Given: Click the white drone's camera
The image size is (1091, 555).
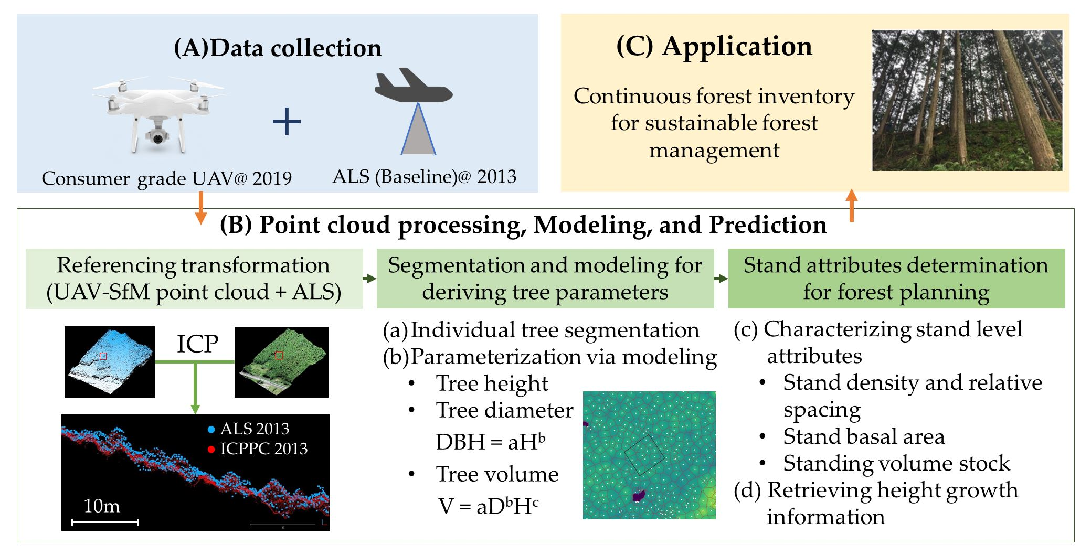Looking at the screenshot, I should pyautogui.click(x=157, y=137).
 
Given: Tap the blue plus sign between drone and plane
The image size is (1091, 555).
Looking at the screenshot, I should pyautogui.click(x=287, y=122).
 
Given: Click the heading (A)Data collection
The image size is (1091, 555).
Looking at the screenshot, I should pyautogui.click(x=277, y=48).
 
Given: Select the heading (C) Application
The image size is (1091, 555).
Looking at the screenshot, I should pyautogui.click(x=714, y=46).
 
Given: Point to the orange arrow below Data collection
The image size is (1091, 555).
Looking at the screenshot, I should pyautogui.click(x=200, y=208).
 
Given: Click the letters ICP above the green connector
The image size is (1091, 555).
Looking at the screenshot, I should pyautogui.click(x=197, y=344).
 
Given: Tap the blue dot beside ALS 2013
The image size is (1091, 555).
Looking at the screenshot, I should pyautogui.click(x=211, y=430).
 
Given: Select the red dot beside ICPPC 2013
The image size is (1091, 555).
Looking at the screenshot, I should pyautogui.click(x=211, y=450).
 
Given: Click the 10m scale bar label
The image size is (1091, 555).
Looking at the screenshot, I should pyautogui.click(x=102, y=506).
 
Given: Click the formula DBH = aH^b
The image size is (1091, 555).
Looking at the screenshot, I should pyautogui.click(x=490, y=442).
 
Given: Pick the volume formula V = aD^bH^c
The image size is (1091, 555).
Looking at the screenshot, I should pyautogui.click(x=488, y=506).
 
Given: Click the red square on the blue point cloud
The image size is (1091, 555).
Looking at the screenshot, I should pyautogui.click(x=103, y=356).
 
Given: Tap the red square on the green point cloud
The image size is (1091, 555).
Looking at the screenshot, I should pyautogui.click(x=279, y=356).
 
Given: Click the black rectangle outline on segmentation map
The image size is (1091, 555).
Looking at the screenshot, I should pyautogui.click(x=644, y=455).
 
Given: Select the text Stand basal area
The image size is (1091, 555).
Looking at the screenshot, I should pyautogui.click(x=864, y=436).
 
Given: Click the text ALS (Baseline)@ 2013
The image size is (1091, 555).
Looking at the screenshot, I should pyautogui.click(x=424, y=177).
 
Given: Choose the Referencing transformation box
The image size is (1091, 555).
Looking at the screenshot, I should pyautogui.click(x=194, y=279).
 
